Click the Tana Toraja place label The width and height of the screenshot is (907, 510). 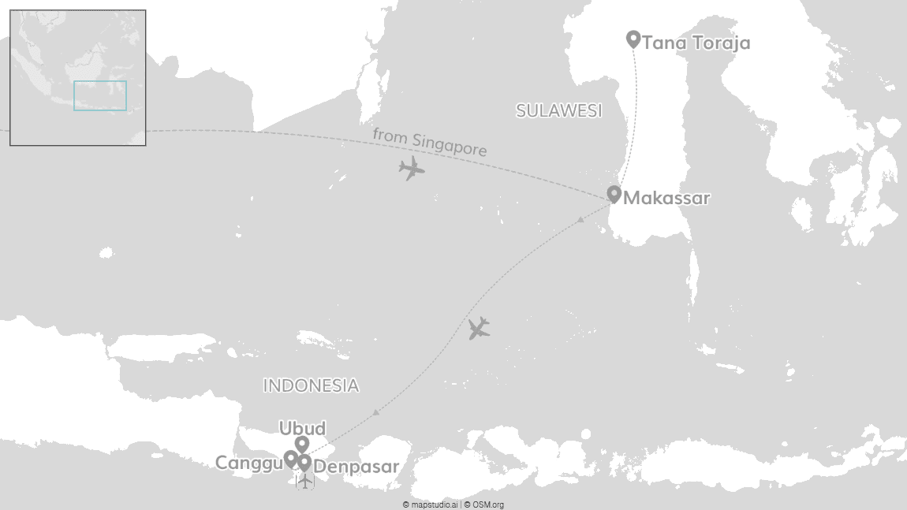click(696, 43)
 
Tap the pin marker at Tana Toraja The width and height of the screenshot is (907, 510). click(633, 38)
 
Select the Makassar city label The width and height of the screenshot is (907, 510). click(666, 198)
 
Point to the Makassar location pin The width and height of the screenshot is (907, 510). click(614, 194)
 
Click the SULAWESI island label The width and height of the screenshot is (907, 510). click(558, 111)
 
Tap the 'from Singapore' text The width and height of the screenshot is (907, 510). click(429, 142)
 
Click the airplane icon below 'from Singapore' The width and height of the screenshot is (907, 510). click(411, 168)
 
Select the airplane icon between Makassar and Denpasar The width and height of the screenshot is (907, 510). click(479, 328)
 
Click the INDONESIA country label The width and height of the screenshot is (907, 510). click(311, 385)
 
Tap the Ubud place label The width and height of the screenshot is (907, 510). click(302, 428)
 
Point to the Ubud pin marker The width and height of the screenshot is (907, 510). click(301, 445)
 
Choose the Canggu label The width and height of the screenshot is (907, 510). click(248, 463)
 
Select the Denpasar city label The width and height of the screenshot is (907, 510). click(356, 467)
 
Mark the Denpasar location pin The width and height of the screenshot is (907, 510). click(304, 463)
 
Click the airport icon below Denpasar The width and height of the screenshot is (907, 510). click(305, 480)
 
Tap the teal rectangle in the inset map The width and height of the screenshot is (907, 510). click(100, 95)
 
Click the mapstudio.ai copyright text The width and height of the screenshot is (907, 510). click(430, 504)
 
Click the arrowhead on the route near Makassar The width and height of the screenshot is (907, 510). click(580, 218)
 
